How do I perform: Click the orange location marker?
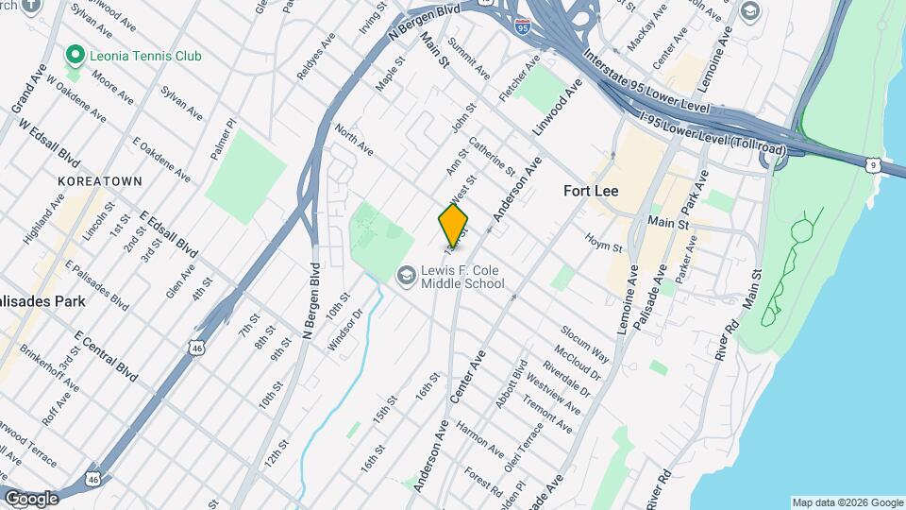click(453, 225)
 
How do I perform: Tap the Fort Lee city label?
click(591, 190)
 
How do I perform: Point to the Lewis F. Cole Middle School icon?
click(405, 276)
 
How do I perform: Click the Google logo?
click(30, 498)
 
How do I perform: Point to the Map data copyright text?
click(846, 502)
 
